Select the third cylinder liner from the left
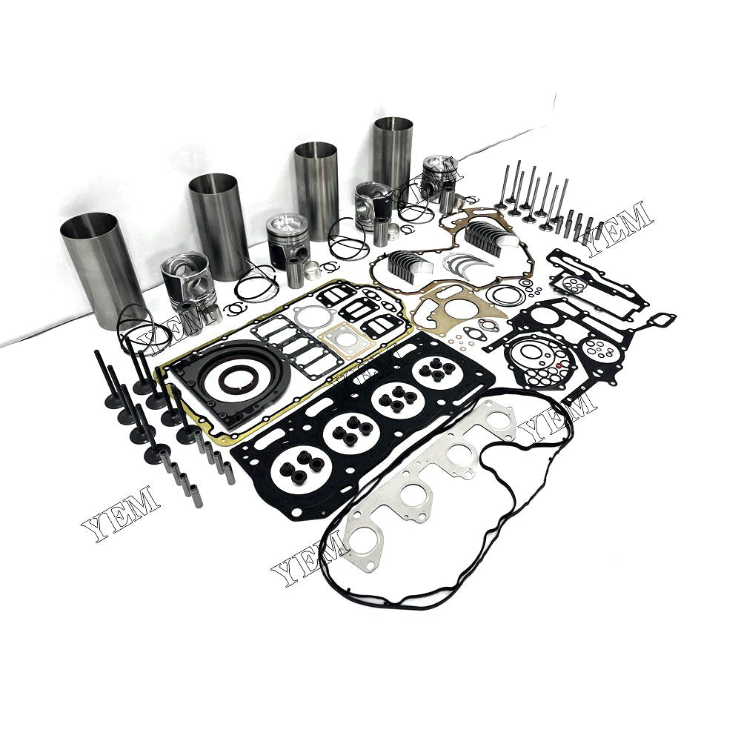316,189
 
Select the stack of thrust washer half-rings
461,264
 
